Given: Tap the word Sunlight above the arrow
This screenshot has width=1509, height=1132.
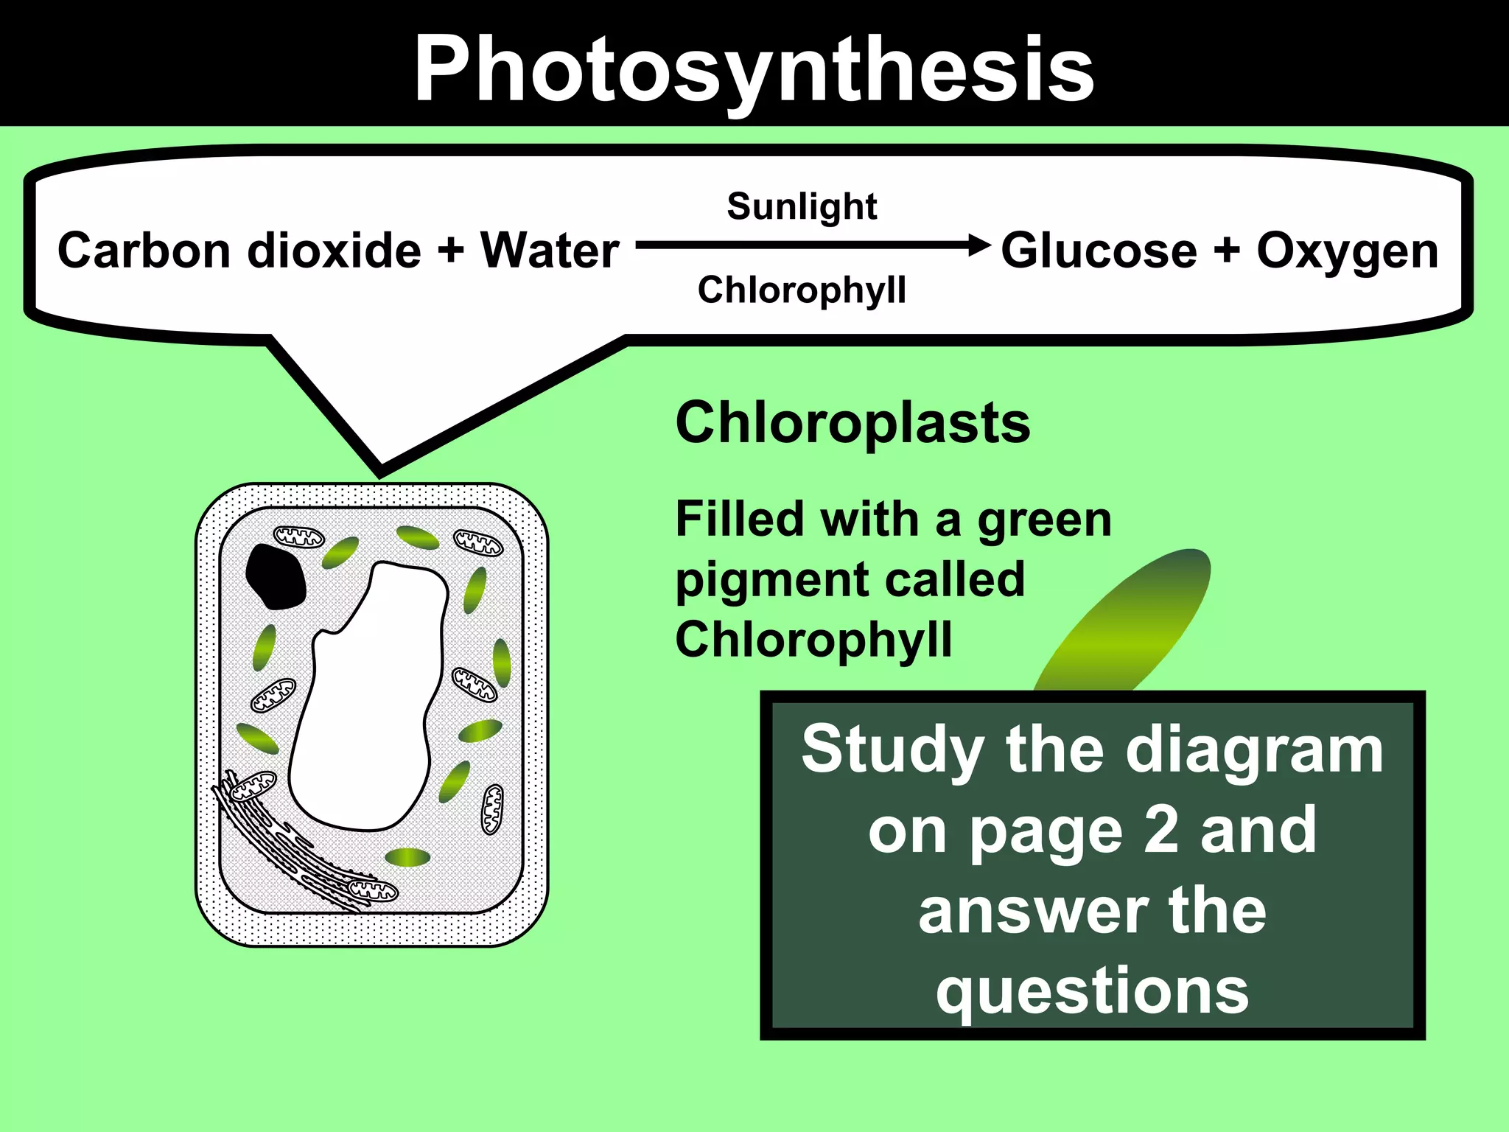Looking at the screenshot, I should click(802, 206).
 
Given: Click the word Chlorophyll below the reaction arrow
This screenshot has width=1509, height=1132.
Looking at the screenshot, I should click(802, 290).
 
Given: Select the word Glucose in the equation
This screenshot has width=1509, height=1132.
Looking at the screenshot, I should click(1099, 251).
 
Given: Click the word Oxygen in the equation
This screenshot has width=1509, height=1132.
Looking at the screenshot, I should click(1347, 251).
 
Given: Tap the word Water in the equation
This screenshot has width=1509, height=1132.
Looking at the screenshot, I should click(550, 251).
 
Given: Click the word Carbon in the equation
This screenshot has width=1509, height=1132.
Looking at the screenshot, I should click(144, 251).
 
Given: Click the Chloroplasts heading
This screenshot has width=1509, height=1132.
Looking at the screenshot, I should click(852, 423).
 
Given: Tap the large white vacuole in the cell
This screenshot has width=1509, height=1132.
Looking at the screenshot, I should click(368, 700).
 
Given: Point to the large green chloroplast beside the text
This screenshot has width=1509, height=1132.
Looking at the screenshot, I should click(1127, 619).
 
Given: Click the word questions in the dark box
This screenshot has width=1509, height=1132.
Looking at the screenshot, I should click(1092, 991).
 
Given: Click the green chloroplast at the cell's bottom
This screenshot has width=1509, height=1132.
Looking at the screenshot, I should click(407, 857).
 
